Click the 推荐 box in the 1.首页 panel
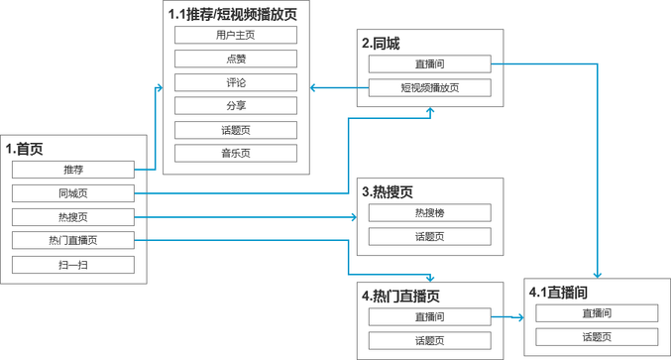72,170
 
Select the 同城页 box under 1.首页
72,193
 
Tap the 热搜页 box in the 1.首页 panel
72,217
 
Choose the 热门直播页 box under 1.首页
72,241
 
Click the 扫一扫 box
72,265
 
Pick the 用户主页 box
235,35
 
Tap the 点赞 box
235,59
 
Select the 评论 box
235,82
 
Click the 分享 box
235,106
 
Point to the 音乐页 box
235,154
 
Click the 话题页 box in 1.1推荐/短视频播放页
235,130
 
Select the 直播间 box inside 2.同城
429,65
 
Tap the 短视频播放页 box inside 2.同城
429,88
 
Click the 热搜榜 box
429,212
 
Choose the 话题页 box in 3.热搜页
429,236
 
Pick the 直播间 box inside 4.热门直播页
429,317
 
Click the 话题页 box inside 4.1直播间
597,337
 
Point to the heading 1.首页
25,149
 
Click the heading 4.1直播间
561,293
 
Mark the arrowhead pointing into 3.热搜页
353,217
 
